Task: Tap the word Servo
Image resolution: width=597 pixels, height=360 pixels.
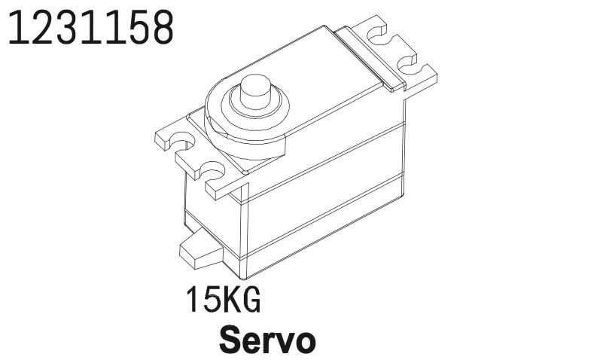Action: click(x=267, y=340)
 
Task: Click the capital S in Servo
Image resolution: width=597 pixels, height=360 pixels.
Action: click(x=230, y=340)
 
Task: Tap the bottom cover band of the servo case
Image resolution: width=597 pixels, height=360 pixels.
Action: click(x=324, y=233)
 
